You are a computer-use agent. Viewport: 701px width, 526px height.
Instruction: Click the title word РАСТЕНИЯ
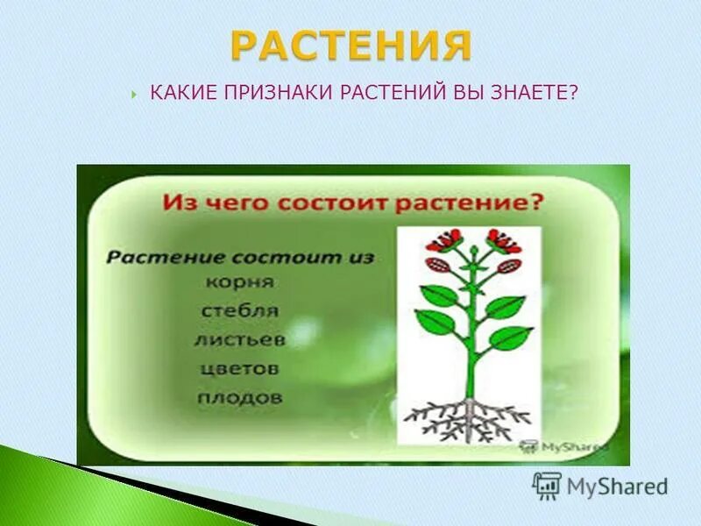(350, 45)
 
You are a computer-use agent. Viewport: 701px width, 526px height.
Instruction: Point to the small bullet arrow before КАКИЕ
(132, 93)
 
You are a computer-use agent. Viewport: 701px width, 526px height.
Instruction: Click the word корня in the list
(241, 282)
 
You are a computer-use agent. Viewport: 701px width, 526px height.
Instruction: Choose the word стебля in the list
(240, 310)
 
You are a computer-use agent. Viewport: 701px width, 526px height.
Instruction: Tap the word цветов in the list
(238, 367)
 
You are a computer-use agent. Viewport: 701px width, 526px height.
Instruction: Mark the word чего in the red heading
(243, 203)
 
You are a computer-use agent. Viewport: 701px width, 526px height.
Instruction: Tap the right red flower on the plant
(504, 239)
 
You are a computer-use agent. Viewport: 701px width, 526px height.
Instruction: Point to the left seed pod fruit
(437, 264)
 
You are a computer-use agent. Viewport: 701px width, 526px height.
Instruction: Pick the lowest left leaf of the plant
(435, 323)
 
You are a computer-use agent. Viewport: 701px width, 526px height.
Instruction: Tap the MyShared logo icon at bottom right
(546, 485)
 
